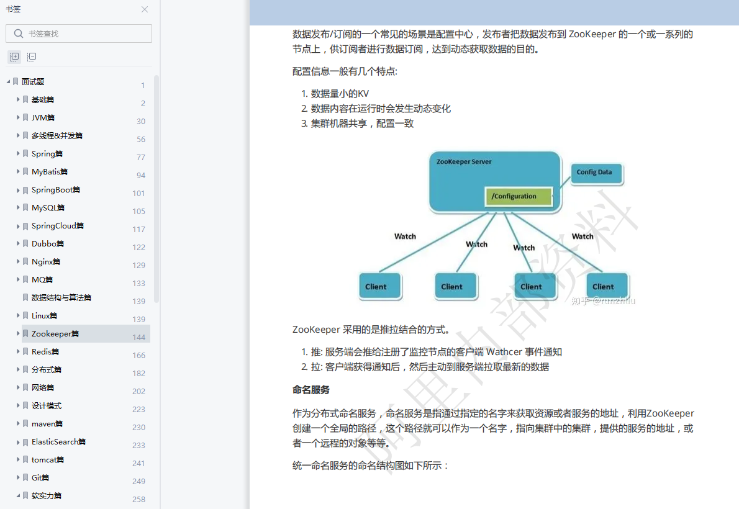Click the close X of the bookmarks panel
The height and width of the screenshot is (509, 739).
point(145,9)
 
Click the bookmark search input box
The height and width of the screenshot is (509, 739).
point(79,34)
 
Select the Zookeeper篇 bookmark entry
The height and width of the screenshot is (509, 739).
point(55,334)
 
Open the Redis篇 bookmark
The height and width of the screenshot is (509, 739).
point(45,352)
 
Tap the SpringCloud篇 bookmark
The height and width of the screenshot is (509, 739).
point(58,226)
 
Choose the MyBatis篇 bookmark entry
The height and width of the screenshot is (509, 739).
point(50,172)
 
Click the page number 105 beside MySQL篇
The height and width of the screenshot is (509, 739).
point(138,212)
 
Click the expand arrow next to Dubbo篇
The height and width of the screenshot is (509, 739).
point(18,244)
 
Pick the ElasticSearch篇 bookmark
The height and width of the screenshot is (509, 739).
point(58,442)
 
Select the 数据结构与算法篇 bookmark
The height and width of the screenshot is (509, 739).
point(61,298)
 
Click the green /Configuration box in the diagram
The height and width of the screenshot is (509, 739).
point(519,197)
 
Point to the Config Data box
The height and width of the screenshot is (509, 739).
point(595,173)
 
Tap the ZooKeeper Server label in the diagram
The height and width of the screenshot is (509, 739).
point(463,162)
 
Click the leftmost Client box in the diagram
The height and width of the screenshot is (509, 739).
point(376,287)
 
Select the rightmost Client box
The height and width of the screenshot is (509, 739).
point(603,287)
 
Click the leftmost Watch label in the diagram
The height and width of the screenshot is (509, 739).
point(405,236)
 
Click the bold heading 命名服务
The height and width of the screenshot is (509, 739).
point(311,390)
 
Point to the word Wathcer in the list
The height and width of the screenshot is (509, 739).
point(504,352)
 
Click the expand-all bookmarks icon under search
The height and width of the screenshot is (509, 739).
point(14,56)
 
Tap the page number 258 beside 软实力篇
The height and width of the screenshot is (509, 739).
point(138,500)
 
